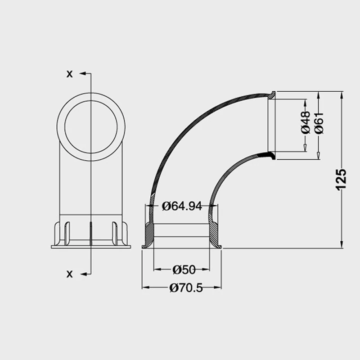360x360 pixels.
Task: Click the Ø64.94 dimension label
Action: pyautogui.click(x=182, y=206)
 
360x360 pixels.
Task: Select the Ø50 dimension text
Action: pyautogui.click(x=184, y=270)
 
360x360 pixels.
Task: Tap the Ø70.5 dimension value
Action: pyautogui.click(x=186, y=288)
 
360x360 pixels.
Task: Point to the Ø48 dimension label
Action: pyautogui.click(x=306, y=122)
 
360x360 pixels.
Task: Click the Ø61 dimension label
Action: pyautogui.click(x=319, y=122)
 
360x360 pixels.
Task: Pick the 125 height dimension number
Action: pyautogui.click(x=341, y=180)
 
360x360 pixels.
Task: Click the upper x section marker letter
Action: pyautogui.click(x=69, y=74)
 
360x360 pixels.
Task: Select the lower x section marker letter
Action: pyautogui.click(x=69, y=274)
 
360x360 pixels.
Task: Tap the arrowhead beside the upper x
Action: pyautogui.click(x=83, y=73)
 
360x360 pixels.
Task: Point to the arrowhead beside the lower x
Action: pyautogui.click(x=83, y=274)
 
